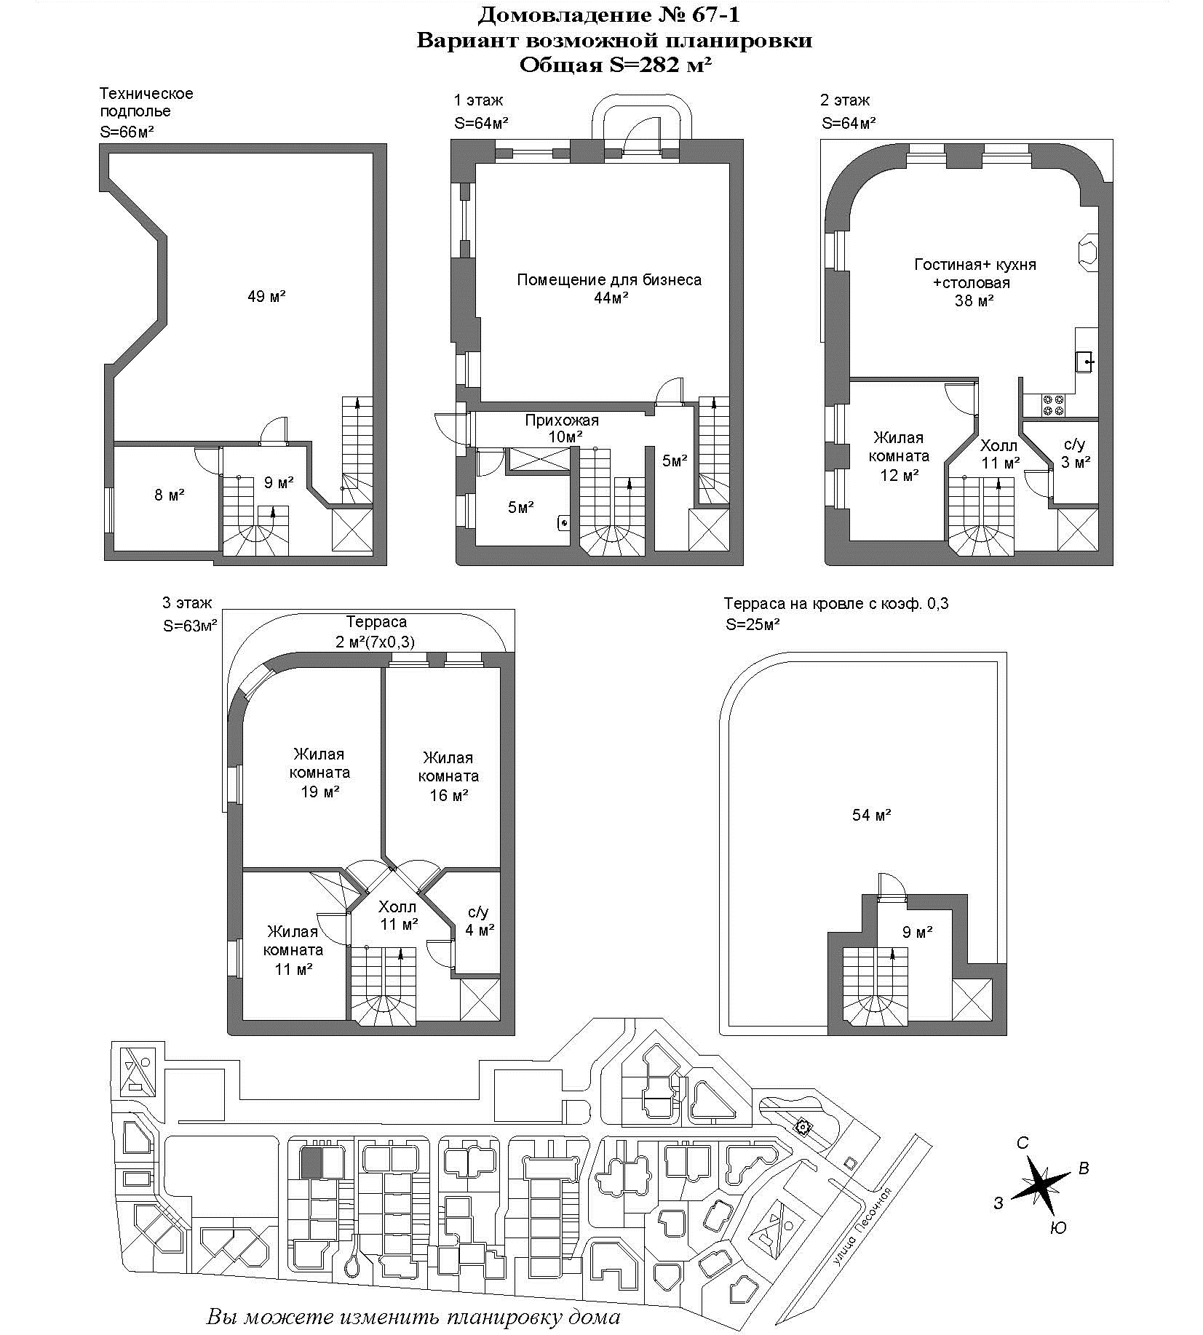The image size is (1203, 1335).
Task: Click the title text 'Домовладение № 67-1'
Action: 609,14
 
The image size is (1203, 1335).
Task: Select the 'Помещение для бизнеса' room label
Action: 609,280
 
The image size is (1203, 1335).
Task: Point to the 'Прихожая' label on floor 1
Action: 562,421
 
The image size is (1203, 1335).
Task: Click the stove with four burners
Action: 1053,405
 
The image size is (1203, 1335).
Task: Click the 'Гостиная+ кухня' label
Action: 975,265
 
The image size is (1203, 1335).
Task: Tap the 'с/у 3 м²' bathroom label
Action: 1075,453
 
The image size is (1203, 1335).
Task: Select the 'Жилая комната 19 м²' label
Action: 319,773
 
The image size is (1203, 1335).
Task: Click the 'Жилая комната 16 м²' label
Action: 448,776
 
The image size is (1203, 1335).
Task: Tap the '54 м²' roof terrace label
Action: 872,815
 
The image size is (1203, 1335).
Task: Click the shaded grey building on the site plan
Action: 311,1163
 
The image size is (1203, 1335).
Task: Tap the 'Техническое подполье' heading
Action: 146,103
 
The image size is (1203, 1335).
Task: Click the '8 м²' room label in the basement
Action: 169,495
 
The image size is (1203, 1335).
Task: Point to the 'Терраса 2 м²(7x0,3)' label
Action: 376,631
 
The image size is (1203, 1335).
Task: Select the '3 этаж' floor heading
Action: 187,602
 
